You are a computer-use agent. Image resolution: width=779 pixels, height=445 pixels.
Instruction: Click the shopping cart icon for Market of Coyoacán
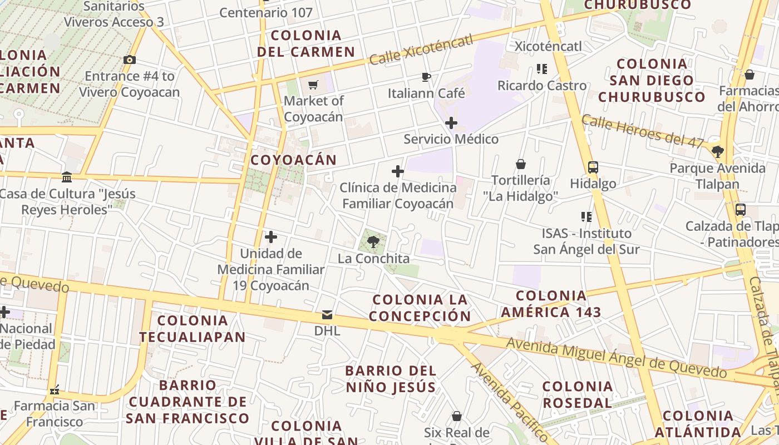[x=313, y=85]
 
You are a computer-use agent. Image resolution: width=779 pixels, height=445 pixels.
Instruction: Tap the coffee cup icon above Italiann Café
[x=426, y=77]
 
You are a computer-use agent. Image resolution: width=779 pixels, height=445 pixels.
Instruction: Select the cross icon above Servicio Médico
[x=451, y=123]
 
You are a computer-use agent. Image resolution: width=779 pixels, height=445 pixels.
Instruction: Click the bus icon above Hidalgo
[x=593, y=167]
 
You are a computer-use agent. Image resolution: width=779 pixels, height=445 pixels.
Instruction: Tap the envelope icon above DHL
[x=327, y=315]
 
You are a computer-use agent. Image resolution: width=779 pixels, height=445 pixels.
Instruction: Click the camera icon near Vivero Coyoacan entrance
[x=130, y=60]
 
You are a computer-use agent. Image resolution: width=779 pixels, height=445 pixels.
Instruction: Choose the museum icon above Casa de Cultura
[x=67, y=177]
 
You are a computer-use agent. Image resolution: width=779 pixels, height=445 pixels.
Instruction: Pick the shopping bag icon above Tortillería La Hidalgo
[x=521, y=164]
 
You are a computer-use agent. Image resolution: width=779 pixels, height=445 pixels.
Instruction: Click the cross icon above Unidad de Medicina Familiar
[x=271, y=238]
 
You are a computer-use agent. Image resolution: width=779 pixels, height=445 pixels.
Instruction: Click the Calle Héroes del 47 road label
[x=643, y=131]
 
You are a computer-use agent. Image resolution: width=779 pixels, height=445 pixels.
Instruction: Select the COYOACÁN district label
[x=293, y=160]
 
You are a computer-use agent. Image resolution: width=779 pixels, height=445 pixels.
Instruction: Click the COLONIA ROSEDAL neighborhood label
[x=577, y=394]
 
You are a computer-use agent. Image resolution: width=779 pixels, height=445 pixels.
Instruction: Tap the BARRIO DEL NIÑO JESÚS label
[x=390, y=378]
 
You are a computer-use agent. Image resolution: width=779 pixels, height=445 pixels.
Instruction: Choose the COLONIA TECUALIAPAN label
[x=192, y=328]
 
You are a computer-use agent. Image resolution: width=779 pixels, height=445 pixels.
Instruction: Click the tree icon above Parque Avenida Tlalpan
[x=718, y=151]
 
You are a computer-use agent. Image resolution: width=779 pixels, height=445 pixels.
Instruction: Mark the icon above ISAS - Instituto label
[x=586, y=216]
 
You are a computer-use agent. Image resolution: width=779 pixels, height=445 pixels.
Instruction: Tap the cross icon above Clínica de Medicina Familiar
[x=398, y=171]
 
